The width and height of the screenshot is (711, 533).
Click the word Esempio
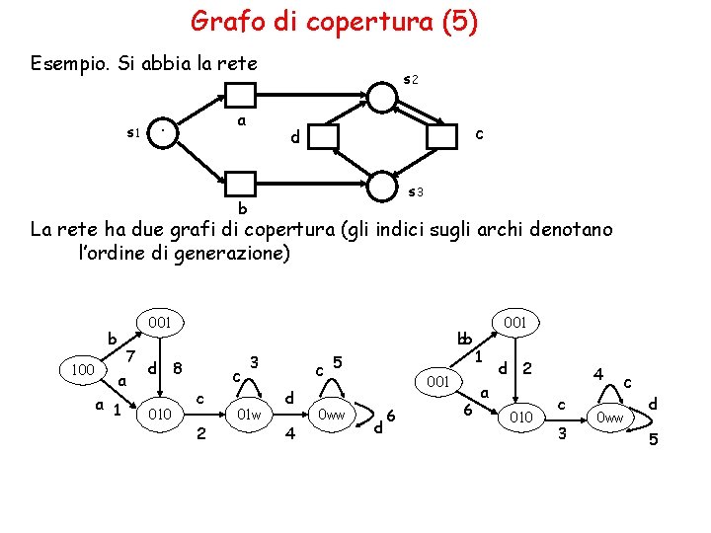pos(70,64)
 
